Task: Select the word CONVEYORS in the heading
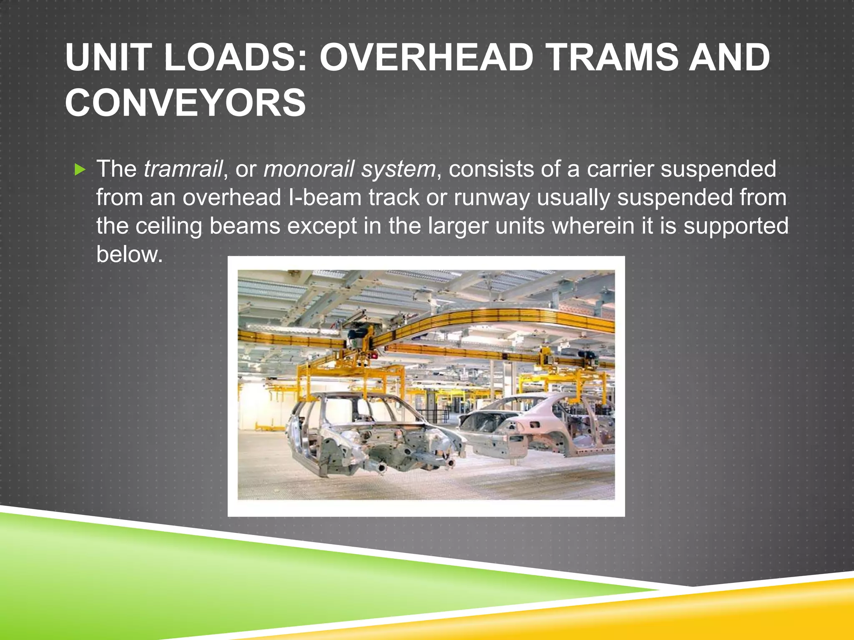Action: [186, 103]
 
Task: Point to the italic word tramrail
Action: [183, 169]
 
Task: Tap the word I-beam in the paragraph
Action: [324, 197]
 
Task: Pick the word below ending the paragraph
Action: [129, 254]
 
